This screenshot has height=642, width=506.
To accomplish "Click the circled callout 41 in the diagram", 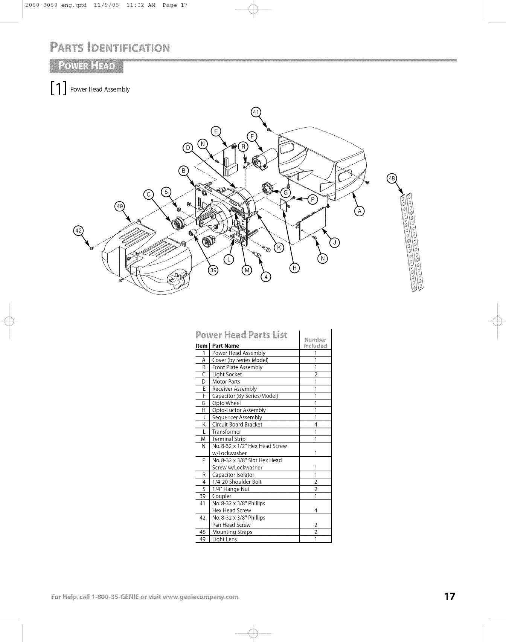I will [x=256, y=112].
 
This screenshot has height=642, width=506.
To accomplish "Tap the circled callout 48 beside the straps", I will [x=392, y=178].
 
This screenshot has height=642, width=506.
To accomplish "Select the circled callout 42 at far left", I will [x=78, y=231].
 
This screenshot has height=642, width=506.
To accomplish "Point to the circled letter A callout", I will [x=360, y=211].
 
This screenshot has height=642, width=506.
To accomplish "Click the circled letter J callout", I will [x=334, y=243].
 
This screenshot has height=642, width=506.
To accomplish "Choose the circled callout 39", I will [x=213, y=271].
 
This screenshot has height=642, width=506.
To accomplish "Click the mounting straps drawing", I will [x=412, y=241].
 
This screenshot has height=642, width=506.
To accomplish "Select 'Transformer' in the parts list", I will [x=226, y=432].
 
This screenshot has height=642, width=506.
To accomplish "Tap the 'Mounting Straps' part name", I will [x=232, y=532].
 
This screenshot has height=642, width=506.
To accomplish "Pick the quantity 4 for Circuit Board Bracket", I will [x=315, y=425].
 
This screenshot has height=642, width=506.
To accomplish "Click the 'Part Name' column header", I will [x=226, y=346].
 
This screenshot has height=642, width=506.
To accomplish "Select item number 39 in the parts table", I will [x=203, y=496].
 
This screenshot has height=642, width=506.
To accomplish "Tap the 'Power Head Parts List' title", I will [x=241, y=335].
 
